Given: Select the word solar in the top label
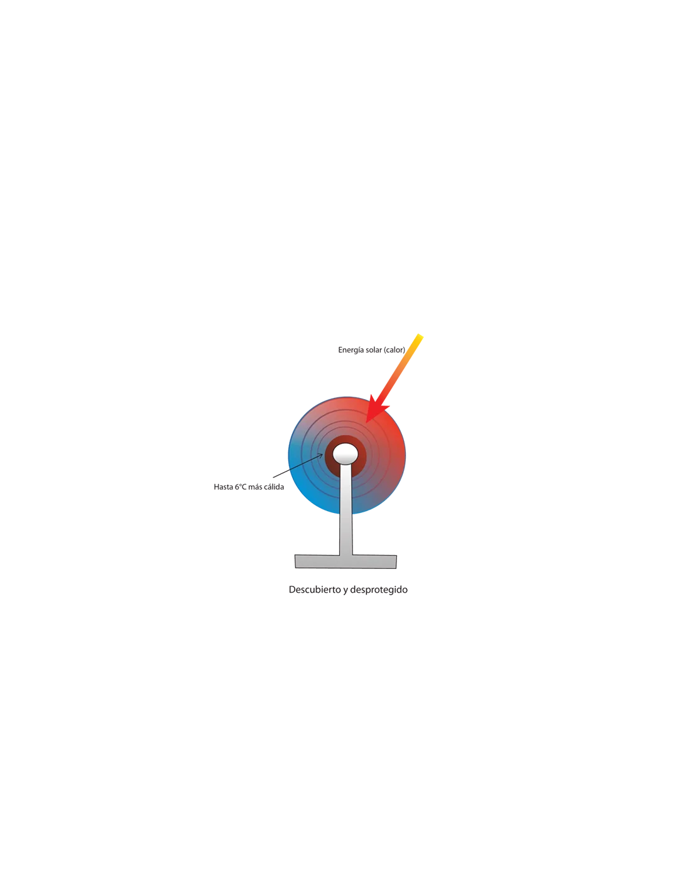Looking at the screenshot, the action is (373, 350).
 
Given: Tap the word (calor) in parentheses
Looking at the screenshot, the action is (394, 350).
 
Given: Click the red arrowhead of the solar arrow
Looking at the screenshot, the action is (376, 409).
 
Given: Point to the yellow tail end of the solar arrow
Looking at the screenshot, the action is (420, 337).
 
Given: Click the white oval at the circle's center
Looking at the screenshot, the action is (345, 453).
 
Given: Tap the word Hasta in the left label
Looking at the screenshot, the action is (223, 487).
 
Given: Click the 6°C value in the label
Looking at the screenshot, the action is (241, 487).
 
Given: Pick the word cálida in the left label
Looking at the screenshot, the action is (274, 487).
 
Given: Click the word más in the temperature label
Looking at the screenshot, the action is (255, 487).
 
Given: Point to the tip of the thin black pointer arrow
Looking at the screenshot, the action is (323, 454).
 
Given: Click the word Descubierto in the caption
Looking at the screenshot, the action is (315, 590).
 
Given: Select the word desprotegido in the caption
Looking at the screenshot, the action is (379, 590).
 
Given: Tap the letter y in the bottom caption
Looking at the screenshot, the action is (345, 591).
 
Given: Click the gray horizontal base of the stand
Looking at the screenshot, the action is (345, 561).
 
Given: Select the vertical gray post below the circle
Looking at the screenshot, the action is (345, 510).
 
